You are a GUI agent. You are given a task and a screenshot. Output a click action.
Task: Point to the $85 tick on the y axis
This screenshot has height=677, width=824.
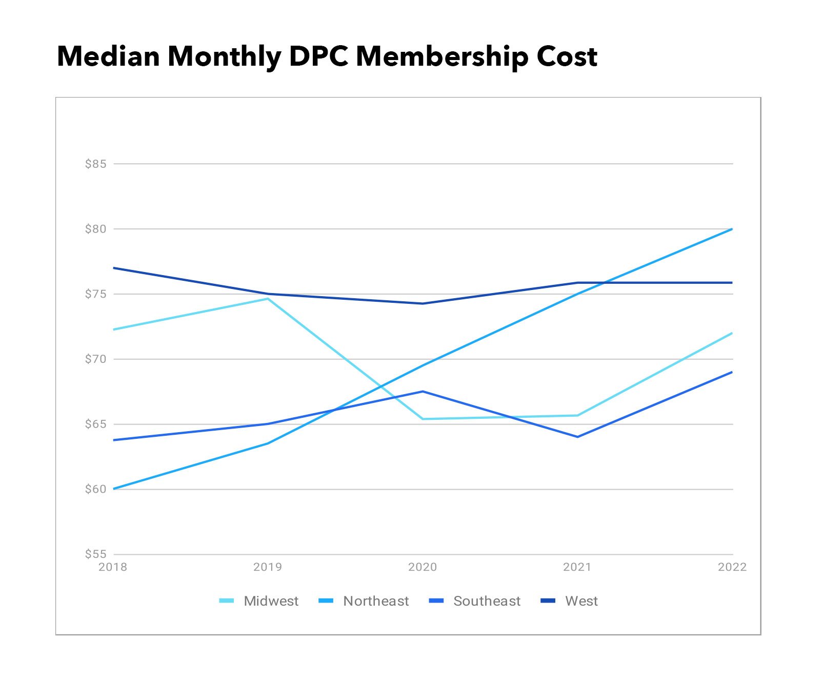point(96,164)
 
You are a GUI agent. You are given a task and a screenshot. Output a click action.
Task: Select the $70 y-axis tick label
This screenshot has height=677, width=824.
point(96,359)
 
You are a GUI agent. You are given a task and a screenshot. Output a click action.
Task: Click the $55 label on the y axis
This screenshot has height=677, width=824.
point(96,554)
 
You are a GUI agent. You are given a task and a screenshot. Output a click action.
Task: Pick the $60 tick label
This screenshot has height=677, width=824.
point(96,489)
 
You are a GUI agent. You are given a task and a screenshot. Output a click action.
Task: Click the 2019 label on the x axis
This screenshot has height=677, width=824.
point(268,567)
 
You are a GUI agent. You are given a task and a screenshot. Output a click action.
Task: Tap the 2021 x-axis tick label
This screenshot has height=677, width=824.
point(577,567)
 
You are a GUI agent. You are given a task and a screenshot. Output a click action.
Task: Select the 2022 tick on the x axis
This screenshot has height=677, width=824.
point(732,567)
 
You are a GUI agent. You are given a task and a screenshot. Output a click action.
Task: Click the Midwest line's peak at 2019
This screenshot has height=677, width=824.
point(268,299)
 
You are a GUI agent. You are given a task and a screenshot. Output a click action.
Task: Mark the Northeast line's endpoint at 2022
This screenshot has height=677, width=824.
point(732,229)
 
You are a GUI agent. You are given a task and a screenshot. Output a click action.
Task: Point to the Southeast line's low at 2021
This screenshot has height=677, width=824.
point(577,437)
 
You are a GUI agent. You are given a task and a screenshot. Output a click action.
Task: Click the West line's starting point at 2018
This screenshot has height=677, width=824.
point(114,268)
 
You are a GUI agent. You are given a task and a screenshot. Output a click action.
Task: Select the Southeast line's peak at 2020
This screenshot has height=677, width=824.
point(423,392)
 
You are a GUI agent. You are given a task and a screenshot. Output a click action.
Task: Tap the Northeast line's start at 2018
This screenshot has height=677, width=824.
point(114,489)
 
